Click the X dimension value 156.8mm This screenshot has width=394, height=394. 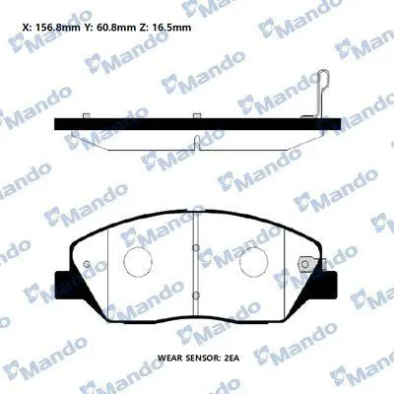tap(56, 28)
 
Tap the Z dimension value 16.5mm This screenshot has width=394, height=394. tap(171, 28)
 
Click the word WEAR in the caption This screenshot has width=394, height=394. tap(168, 358)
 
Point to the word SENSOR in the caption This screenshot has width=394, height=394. tap(200, 358)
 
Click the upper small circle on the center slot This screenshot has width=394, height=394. tap(196, 247)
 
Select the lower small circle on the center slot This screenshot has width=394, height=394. tap(196, 295)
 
